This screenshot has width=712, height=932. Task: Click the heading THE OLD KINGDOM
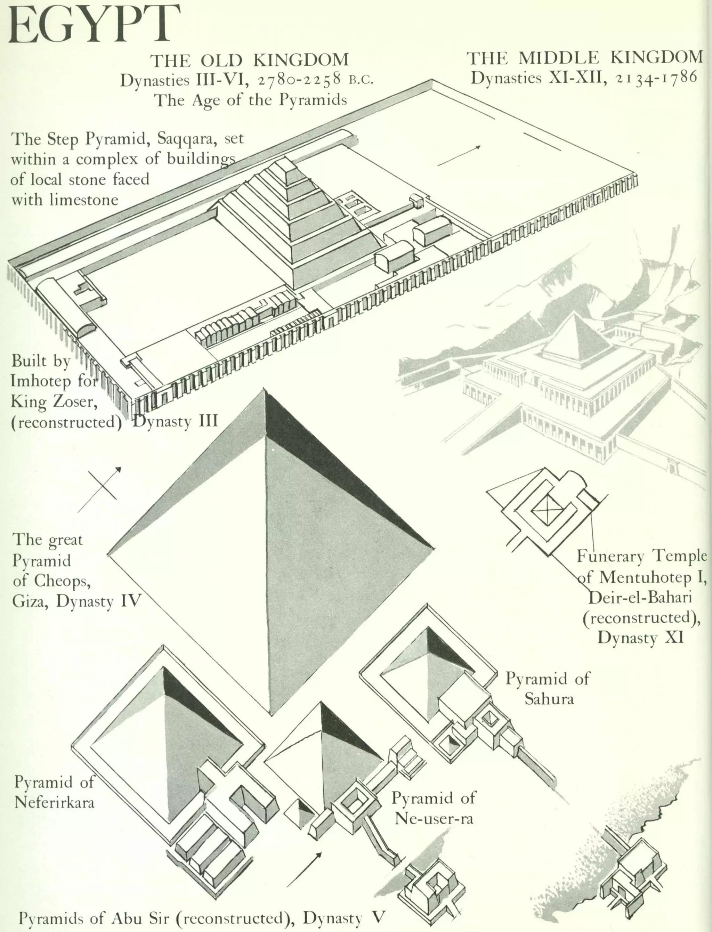coord(250,60)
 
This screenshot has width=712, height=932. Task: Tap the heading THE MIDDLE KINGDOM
coord(585,57)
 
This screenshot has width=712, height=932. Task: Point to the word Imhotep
coord(41,381)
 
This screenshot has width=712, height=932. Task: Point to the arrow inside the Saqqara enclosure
coord(459,155)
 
